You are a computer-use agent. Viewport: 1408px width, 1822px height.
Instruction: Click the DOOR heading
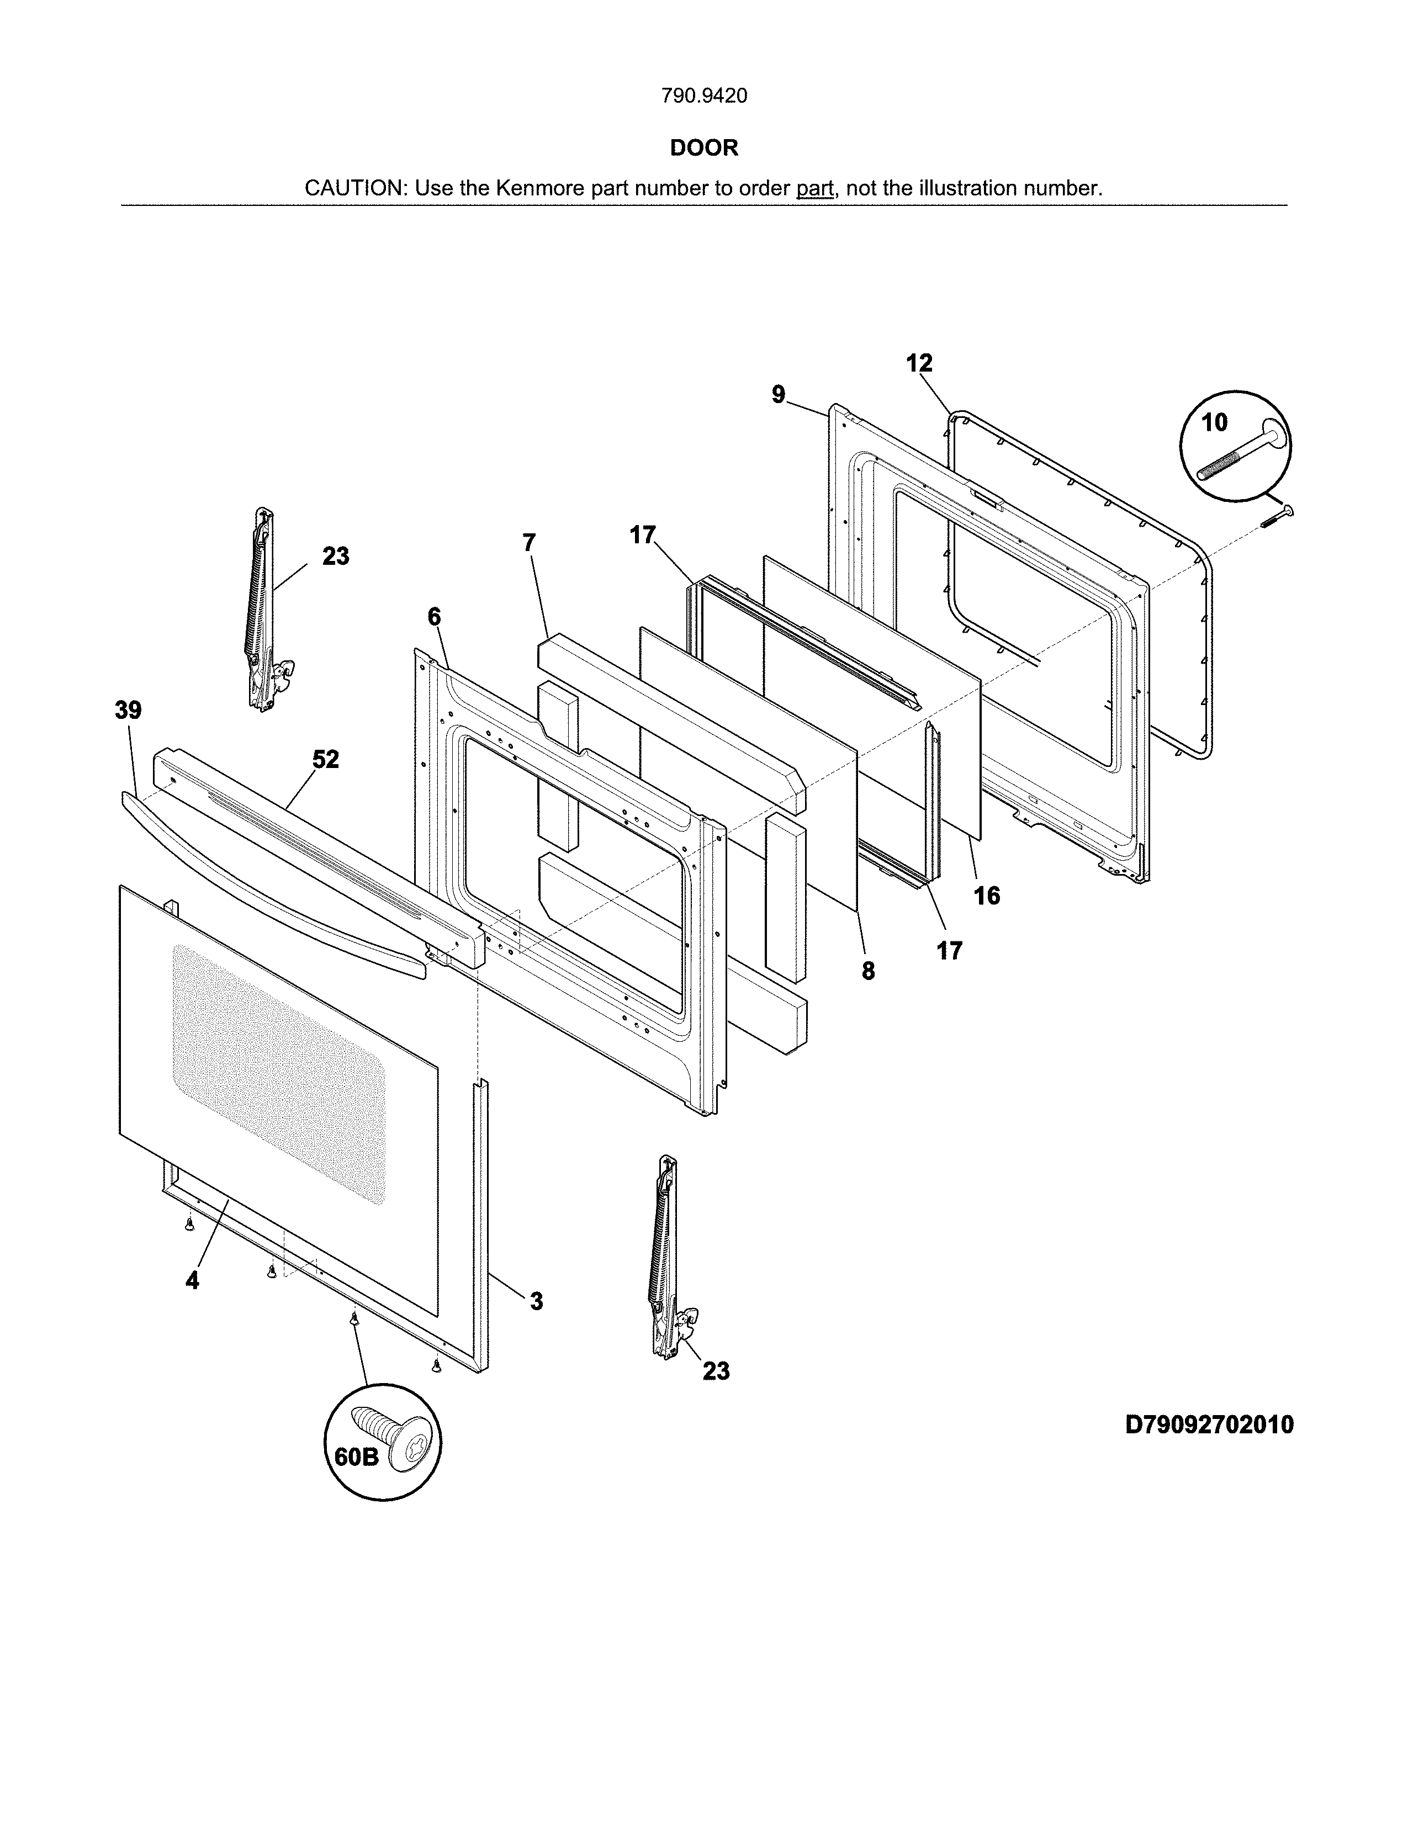[704, 147]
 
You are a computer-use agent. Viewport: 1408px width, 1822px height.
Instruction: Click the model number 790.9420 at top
[704, 96]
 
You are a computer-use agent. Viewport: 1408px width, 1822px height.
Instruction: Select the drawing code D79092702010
[1209, 1424]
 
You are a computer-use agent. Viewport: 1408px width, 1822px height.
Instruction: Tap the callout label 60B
[356, 1456]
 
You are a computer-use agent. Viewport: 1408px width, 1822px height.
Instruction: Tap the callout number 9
[778, 395]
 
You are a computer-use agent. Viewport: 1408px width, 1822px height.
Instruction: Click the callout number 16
[987, 896]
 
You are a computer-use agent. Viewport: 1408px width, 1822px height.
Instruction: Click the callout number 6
[434, 617]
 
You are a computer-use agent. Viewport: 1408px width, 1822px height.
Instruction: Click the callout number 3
[536, 1301]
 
